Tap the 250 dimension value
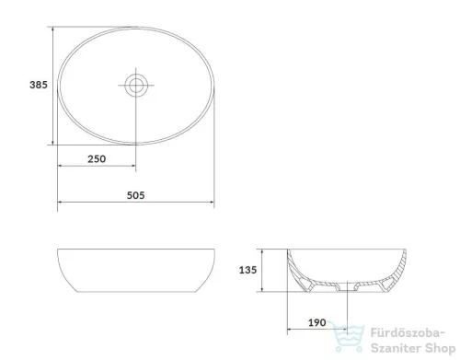pos(96,158)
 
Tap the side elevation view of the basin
pos(134,272)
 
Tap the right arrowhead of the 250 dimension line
pos(132,168)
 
